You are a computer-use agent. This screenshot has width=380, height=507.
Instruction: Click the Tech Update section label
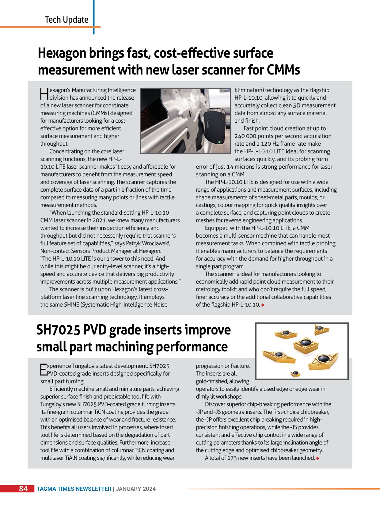click(x=66, y=20)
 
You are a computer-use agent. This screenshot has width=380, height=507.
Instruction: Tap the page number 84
click(x=23, y=489)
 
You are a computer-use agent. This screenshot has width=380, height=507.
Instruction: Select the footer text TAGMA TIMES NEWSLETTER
click(x=74, y=489)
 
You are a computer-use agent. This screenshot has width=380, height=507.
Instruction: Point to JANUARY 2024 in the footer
click(x=135, y=489)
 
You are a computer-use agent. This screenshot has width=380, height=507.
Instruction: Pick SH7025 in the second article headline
click(x=58, y=330)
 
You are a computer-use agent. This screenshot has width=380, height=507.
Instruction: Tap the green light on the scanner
click(x=218, y=142)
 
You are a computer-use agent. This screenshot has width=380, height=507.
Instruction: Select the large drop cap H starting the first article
click(x=44, y=94)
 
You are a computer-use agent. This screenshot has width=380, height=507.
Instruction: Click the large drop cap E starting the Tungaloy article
click(x=43, y=369)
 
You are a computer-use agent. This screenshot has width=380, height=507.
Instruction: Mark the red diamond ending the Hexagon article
click(x=263, y=305)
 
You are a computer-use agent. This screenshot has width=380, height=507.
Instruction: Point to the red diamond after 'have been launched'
click(x=317, y=458)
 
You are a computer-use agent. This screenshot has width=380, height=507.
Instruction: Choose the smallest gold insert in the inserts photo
click(x=295, y=373)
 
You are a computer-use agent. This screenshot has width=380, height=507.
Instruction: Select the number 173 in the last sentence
click(x=232, y=458)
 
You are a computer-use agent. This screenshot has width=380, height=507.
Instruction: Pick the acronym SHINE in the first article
click(x=71, y=305)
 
